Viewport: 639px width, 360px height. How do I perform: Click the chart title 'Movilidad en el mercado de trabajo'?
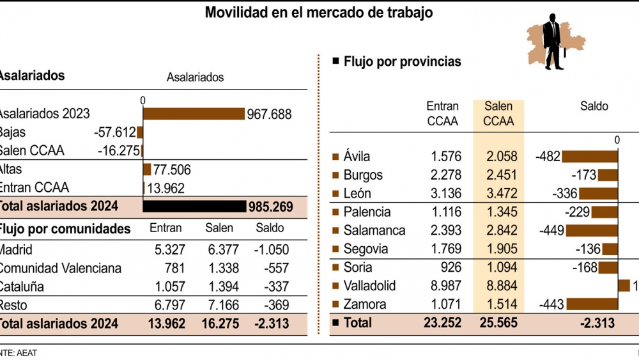click(x=318, y=12)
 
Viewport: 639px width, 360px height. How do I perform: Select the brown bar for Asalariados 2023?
click(x=194, y=114)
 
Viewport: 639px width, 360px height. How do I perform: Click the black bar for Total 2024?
click(x=194, y=207)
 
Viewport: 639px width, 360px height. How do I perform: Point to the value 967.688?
click(x=269, y=114)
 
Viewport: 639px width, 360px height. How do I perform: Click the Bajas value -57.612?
click(x=114, y=133)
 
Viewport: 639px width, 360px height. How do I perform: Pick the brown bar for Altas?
click(x=147, y=169)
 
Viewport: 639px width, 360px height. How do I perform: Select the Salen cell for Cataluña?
click(x=223, y=286)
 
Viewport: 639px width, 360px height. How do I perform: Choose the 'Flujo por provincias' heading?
click(x=402, y=62)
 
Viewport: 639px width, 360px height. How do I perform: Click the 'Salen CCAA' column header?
click(x=498, y=114)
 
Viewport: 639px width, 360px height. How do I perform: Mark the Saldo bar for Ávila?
click(x=590, y=157)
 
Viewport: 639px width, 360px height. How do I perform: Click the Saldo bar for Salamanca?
click(x=592, y=230)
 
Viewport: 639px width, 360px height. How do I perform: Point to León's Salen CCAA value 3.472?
click(x=498, y=194)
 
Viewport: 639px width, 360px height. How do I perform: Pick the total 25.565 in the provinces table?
click(x=498, y=324)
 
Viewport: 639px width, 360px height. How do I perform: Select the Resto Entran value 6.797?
click(x=168, y=305)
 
